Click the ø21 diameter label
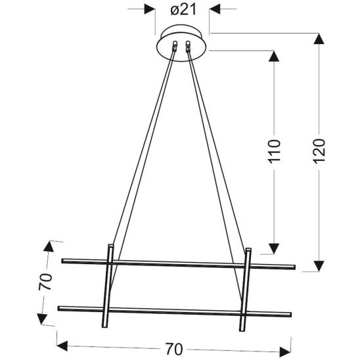183,10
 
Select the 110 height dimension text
275,151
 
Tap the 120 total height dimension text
319,151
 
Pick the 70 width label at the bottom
174,349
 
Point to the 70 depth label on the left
45,281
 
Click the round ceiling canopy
181,43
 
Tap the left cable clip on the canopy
175,46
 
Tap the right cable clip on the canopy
188,46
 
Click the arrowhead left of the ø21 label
150,9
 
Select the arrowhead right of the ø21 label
215,9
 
